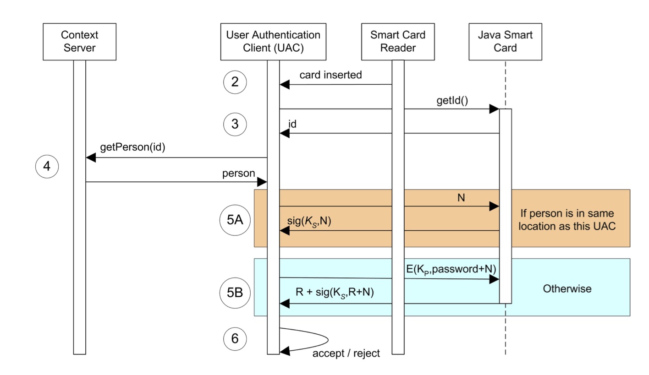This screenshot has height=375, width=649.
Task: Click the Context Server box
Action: coord(79,41)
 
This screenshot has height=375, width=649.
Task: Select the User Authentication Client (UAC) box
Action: coord(273,41)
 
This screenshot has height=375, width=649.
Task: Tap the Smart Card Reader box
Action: coord(398,41)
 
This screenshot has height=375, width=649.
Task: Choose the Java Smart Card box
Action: coord(505,41)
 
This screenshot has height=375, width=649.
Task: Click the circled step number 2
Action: coord(235,82)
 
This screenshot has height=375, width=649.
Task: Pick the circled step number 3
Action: coord(235,125)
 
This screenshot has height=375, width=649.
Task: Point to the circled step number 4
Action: coord(47,167)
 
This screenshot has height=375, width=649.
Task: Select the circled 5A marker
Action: coord(235,220)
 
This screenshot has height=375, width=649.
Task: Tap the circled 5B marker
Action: coord(235,292)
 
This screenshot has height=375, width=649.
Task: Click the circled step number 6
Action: coord(235,339)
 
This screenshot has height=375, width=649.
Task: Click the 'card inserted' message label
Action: coord(330,75)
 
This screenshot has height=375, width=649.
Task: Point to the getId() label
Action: coord(452,100)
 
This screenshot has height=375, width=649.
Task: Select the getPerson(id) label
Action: coord(132,147)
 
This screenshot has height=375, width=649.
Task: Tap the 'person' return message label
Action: coord(238,174)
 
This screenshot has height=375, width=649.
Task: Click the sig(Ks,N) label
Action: coord(309,221)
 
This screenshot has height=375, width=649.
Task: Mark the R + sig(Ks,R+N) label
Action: coord(335,292)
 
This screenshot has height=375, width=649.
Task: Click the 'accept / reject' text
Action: coord(346,353)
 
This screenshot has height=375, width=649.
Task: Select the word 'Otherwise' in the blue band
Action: coord(567,288)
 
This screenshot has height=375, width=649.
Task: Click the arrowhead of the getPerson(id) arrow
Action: coord(91,158)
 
